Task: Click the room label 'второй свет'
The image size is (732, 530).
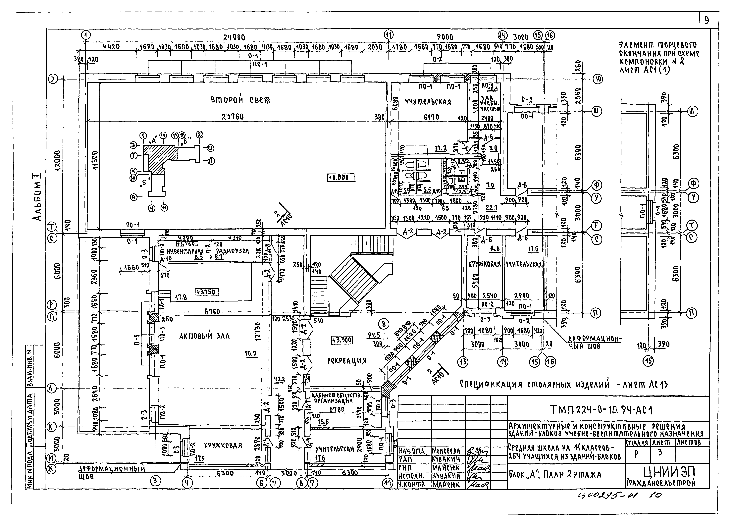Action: coord(240,100)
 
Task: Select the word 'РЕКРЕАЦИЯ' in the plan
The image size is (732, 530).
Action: coord(347,361)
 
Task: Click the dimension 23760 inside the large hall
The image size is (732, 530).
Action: coord(232,117)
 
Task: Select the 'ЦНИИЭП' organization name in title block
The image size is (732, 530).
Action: coord(670,472)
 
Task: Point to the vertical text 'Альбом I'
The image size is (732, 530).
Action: coord(37,197)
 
